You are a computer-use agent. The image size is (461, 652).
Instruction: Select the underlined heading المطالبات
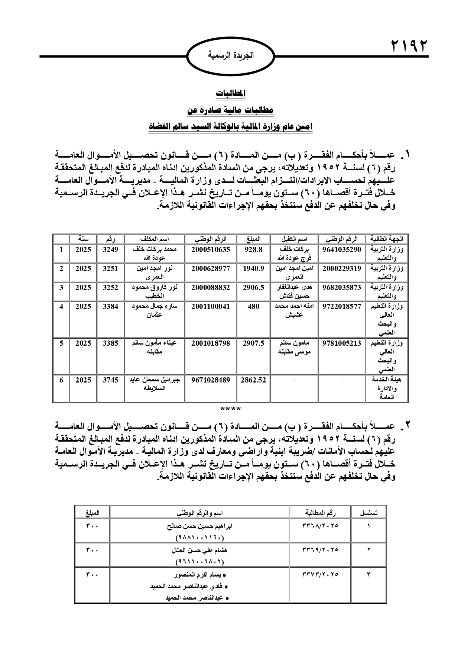[231, 94]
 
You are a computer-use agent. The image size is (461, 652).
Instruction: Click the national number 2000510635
[211, 250]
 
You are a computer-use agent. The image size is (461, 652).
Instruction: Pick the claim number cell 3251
[110, 268]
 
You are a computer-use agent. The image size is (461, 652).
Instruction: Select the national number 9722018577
[342, 307]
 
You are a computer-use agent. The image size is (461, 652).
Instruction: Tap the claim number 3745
[110, 380]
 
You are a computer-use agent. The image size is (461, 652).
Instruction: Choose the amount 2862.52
[253, 380]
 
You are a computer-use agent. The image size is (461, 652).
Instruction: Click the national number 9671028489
[211, 380]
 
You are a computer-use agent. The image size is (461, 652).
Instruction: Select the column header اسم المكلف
[155, 239]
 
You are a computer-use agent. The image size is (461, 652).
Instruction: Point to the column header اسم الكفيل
[294, 239]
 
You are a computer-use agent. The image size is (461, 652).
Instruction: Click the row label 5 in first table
[61, 343]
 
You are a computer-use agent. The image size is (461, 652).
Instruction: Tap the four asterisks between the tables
[231, 409]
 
